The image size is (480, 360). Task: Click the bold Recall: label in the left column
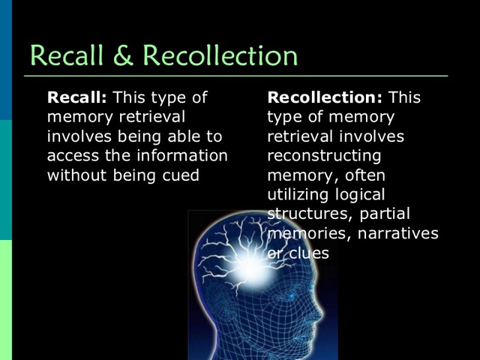point(77,97)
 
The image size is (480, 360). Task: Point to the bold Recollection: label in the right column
point(325,97)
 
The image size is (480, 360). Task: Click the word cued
point(181,175)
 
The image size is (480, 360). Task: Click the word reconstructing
point(324,156)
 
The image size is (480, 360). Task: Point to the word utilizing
point(299,195)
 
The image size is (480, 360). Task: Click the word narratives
point(398,234)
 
